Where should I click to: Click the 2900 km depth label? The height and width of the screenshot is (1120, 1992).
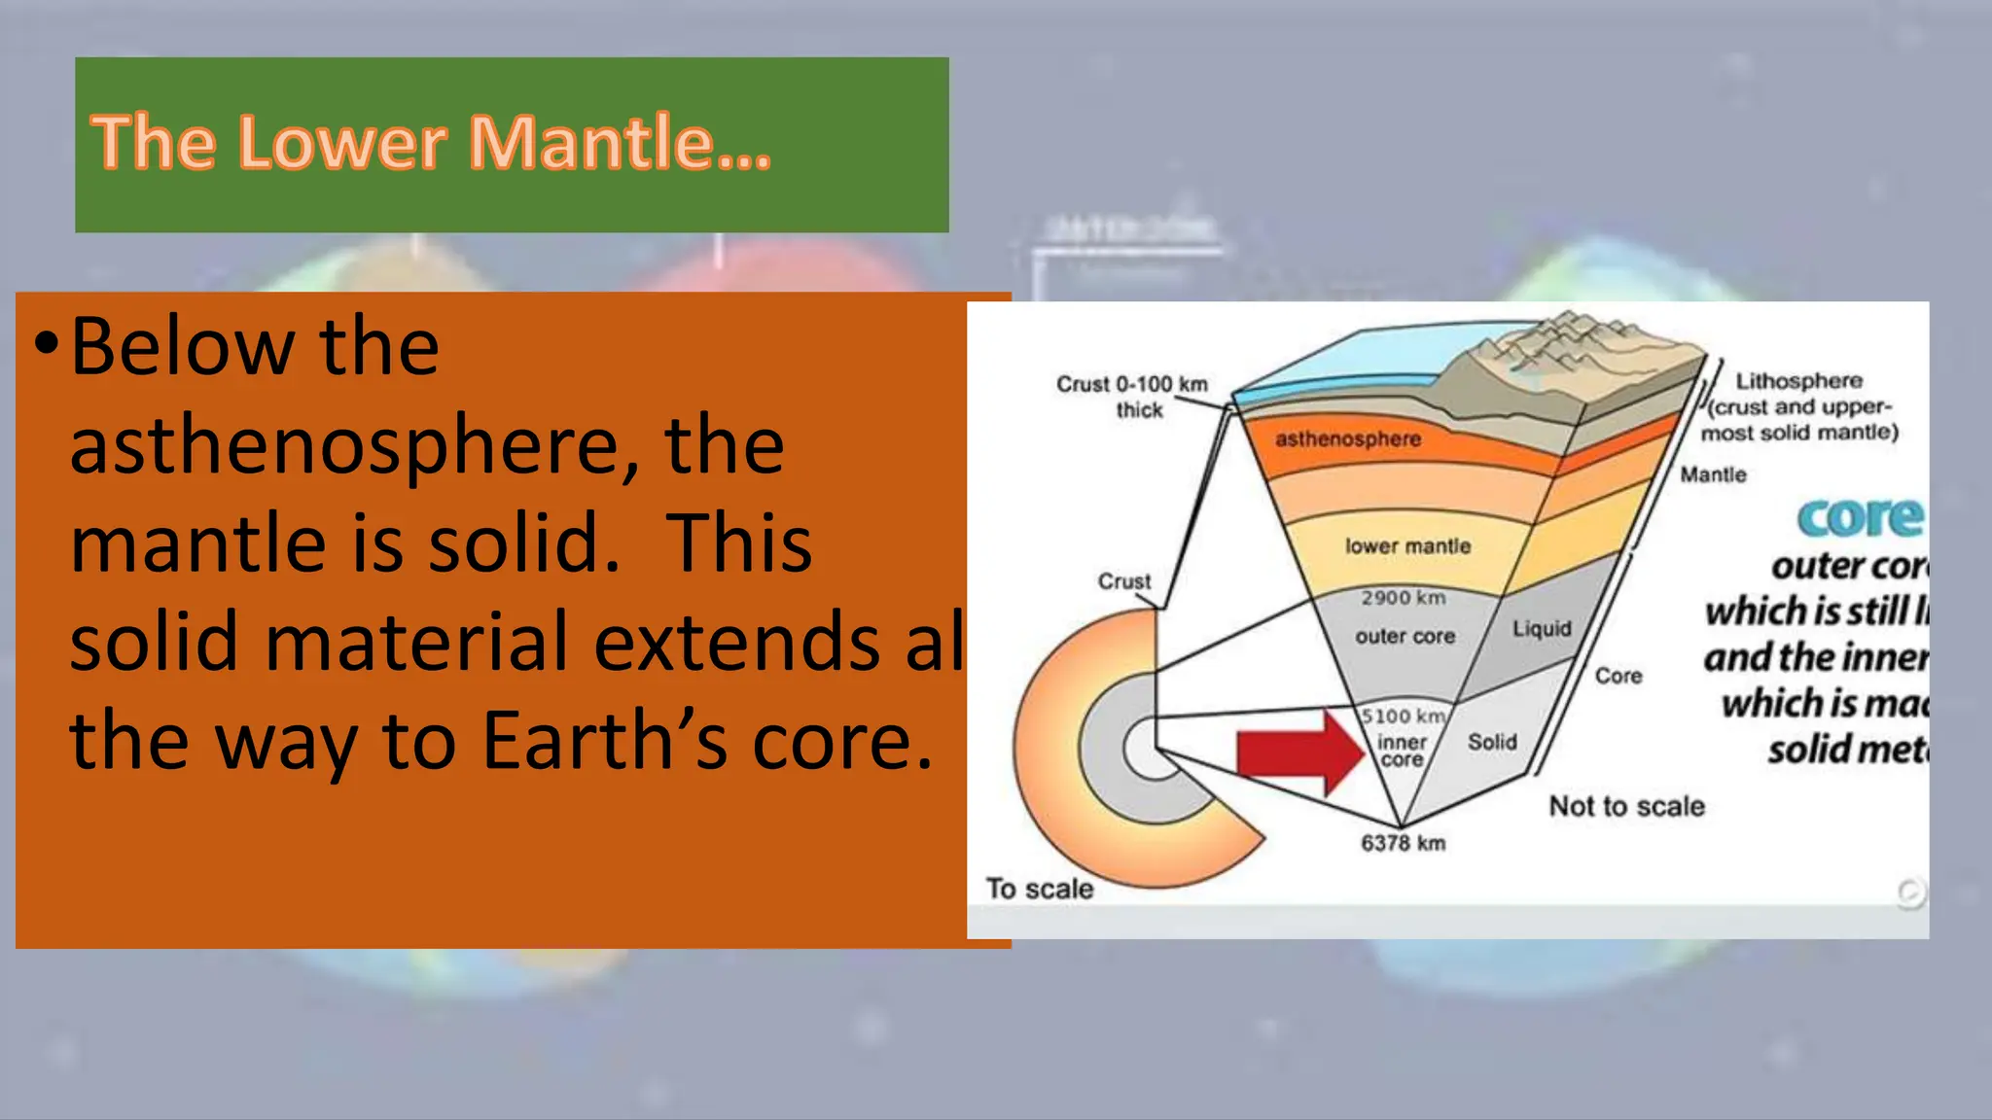tap(1403, 597)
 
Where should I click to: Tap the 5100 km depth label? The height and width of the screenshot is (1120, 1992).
tap(1402, 717)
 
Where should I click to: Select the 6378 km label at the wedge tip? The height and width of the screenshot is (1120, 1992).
tap(1403, 843)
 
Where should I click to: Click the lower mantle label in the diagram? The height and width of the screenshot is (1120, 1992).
tap(1407, 546)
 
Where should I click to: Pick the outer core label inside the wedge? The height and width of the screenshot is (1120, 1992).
tap(1405, 636)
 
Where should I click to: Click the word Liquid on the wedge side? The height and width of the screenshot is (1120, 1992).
tap(1542, 629)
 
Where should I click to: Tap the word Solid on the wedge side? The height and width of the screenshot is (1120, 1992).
tap(1492, 742)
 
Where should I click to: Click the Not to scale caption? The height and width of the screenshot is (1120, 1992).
tap(1626, 806)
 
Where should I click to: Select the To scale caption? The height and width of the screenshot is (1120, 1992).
tap(1039, 889)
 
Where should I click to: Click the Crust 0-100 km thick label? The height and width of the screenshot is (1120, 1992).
tap(1132, 396)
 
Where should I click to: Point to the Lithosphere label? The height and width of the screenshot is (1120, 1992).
tap(1798, 381)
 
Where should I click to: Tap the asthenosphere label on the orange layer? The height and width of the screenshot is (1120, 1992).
tap(1347, 439)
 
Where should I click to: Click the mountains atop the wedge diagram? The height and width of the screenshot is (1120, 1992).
tap(1566, 350)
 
